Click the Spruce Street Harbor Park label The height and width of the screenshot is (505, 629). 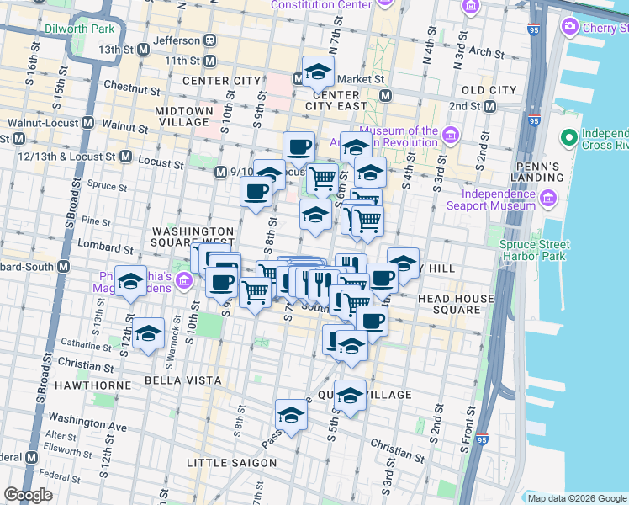pyautogui.click(x=535, y=251)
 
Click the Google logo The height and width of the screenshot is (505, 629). pyautogui.click(x=28, y=495)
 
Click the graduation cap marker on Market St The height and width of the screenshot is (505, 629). pyautogui.click(x=318, y=73)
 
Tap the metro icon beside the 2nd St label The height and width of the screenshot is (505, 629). pyautogui.click(x=489, y=107)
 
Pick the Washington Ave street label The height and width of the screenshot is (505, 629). pyautogui.click(x=88, y=422)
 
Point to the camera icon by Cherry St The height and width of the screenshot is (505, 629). pyautogui.click(x=570, y=27)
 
